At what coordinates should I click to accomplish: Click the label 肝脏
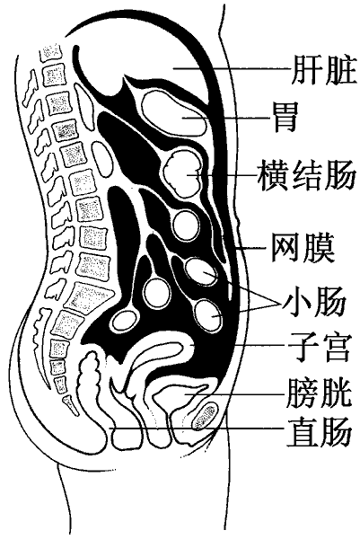point(324,69)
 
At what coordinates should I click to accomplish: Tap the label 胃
point(285,117)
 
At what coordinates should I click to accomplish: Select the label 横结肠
point(306,174)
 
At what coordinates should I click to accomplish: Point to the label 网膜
point(303,248)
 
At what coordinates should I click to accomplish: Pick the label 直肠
point(319,430)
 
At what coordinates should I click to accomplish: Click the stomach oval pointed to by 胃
point(174,113)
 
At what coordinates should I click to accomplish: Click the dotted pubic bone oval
point(205,417)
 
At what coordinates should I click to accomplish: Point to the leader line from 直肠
point(197,429)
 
